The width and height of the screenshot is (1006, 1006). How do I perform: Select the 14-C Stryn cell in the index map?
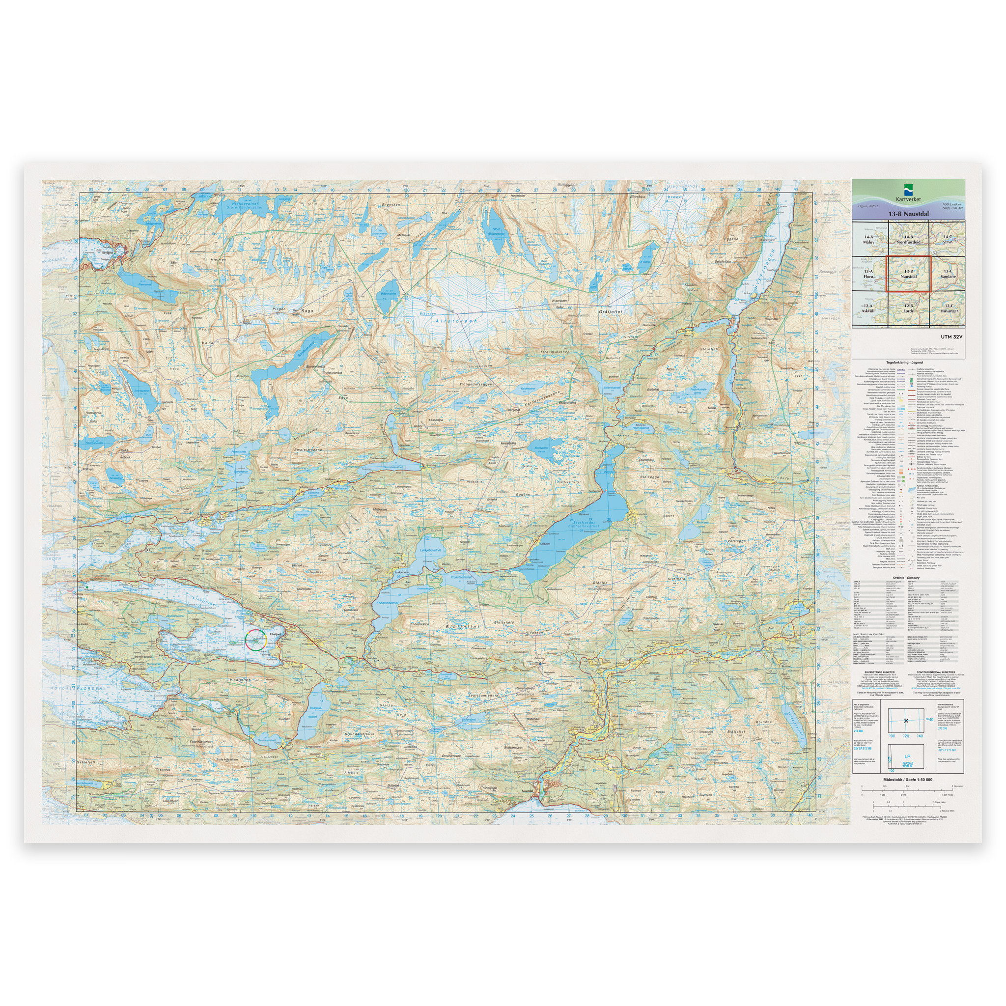(x=948, y=239)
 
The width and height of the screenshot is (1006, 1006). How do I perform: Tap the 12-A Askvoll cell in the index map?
(x=868, y=308)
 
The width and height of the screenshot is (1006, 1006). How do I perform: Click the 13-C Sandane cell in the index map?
(x=948, y=274)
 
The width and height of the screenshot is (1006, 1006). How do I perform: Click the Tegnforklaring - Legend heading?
(x=908, y=362)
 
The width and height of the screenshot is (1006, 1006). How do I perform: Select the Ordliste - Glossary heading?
(x=908, y=578)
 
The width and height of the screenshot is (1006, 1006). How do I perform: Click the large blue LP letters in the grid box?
(x=907, y=755)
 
